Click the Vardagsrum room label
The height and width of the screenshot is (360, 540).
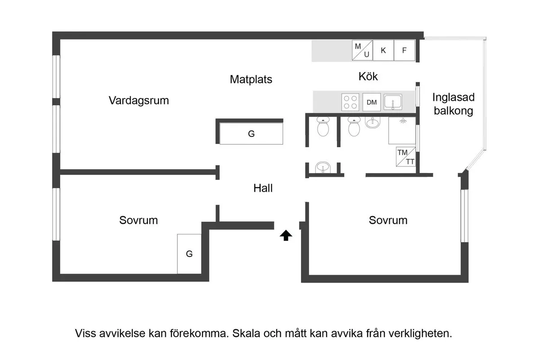[x=139, y=100]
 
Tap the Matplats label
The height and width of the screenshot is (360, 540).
[x=251, y=80]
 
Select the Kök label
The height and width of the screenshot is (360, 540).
[x=368, y=76]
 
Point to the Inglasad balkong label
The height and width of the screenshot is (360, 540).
[x=453, y=104]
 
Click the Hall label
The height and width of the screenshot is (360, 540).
[x=263, y=189]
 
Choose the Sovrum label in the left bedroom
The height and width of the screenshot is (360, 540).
[x=139, y=220]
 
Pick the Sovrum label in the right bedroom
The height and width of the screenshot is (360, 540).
[x=388, y=220]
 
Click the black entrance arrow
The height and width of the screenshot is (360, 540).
[x=286, y=235]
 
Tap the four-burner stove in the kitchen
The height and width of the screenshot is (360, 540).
[x=350, y=102]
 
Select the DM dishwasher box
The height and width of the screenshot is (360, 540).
[x=372, y=102]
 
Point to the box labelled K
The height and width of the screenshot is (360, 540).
[x=383, y=50]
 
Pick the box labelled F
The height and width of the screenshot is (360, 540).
[x=404, y=50]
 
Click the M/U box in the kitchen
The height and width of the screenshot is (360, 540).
[x=362, y=50]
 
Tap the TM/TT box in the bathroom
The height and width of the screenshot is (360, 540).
[x=405, y=157]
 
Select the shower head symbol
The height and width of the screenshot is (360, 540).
[x=404, y=121]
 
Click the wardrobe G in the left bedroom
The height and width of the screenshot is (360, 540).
[x=189, y=254]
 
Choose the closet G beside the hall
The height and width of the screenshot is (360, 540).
[x=251, y=134]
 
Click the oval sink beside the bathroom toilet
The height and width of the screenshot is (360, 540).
[x=372, y=122]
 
